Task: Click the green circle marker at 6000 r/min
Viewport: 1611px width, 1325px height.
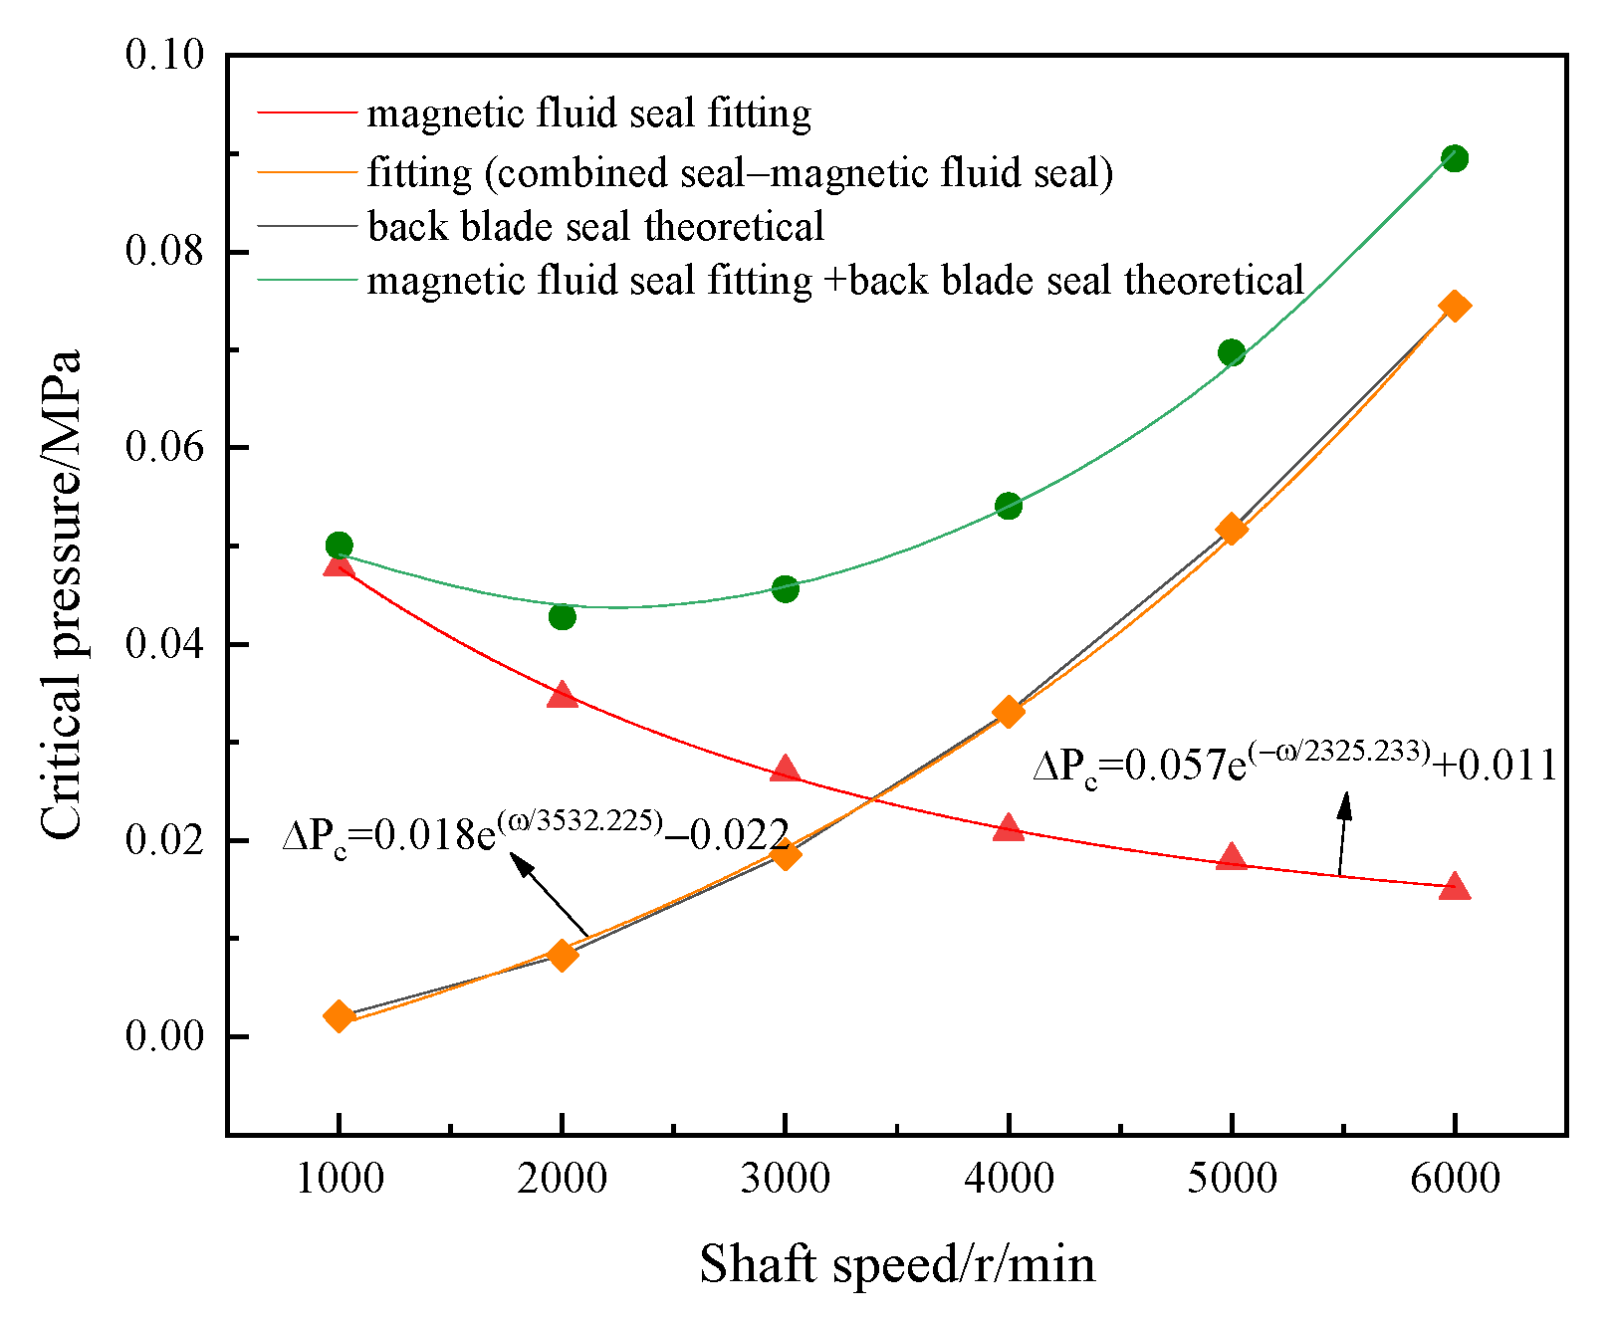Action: (x=1455, y=158)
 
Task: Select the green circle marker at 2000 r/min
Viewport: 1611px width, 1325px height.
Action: (x=563, y=616)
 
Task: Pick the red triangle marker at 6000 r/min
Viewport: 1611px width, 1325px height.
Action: (x=1455, y=886)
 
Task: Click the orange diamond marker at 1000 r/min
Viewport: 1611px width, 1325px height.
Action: (x=339, y=1016)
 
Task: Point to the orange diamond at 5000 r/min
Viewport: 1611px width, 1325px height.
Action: (x=1232, y=529)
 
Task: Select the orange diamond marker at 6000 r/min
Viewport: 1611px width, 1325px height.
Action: (x=1455, y=306)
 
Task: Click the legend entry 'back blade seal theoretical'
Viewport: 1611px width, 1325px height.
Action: (x=595, y=227)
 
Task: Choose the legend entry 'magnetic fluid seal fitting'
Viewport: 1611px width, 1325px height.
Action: (x=588, y=113)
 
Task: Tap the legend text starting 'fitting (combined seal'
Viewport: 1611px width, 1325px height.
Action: (x=740, y=172)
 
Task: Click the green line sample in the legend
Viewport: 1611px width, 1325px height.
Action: (x=307, y=281)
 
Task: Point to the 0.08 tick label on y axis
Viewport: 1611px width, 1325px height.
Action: (x=164, y=251)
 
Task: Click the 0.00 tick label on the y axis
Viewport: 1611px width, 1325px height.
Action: (x=164, y=1036)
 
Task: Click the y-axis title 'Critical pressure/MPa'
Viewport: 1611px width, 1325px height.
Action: (x=62, y=594)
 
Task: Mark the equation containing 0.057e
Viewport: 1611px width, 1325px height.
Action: (x=1294, y=766)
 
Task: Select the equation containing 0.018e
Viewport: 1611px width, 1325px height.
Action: (x=536, y=834)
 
